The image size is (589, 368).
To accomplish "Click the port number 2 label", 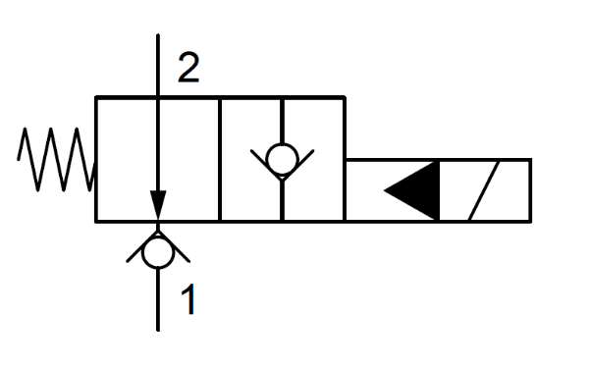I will tap(187, 67).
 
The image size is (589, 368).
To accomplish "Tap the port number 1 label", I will tap(187, 298).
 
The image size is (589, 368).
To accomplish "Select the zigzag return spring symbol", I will tap(55, 159).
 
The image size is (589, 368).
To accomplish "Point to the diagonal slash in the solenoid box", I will tap(488, 190).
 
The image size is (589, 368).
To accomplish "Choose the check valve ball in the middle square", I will tap(282, 158).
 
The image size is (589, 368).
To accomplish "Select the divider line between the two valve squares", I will tap(220, 159).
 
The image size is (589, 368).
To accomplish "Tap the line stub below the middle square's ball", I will tap(282, 196).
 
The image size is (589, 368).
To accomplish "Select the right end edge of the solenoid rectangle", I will tap(531, 190).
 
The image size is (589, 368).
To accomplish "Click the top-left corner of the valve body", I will tap(96, 97).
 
